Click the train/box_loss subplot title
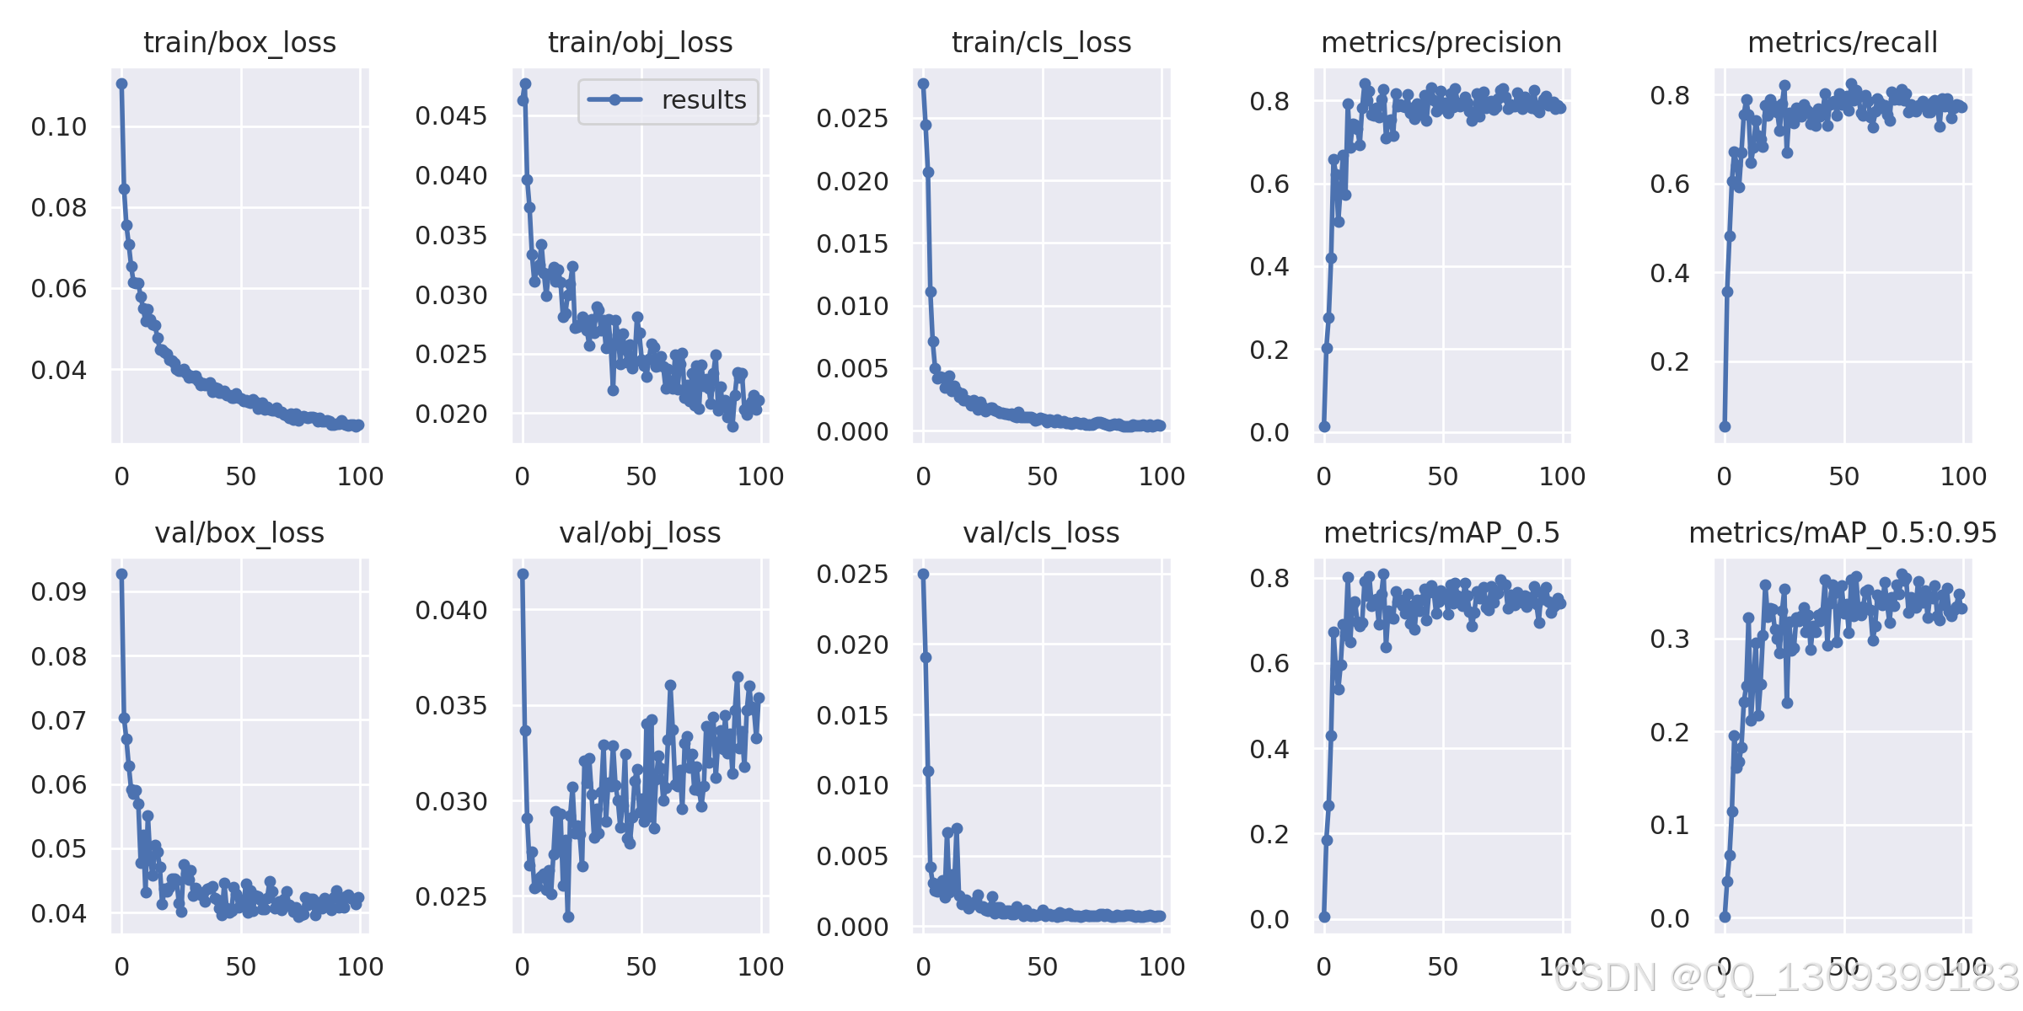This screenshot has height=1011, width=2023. [240, 42]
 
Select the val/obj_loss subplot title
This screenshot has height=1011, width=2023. [641, 532]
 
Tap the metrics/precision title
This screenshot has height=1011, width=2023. [1441, 42]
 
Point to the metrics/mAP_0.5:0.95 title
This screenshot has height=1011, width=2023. [1843, 532]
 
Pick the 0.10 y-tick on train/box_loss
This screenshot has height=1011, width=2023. [59, 127]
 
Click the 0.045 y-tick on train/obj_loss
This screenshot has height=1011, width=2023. [452, 116]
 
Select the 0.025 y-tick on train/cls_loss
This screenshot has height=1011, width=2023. [853, 119]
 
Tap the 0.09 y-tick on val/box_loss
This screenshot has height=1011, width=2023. [59, 592]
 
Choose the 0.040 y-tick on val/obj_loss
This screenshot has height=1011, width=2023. [452, 611]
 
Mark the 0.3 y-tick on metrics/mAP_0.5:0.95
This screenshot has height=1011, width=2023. [1670, 639]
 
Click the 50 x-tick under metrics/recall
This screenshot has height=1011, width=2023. [1844, 477]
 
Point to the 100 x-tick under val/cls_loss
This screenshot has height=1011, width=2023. [1162, 967]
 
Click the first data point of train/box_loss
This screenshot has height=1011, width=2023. [122, 83]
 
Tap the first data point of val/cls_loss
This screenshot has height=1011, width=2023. [924, 574]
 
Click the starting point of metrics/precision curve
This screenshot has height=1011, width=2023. [1324, 426]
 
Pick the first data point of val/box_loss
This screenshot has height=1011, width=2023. [122, 574]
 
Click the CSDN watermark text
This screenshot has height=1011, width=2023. [1787, 978]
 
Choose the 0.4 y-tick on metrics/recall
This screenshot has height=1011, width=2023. [1670, 274]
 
